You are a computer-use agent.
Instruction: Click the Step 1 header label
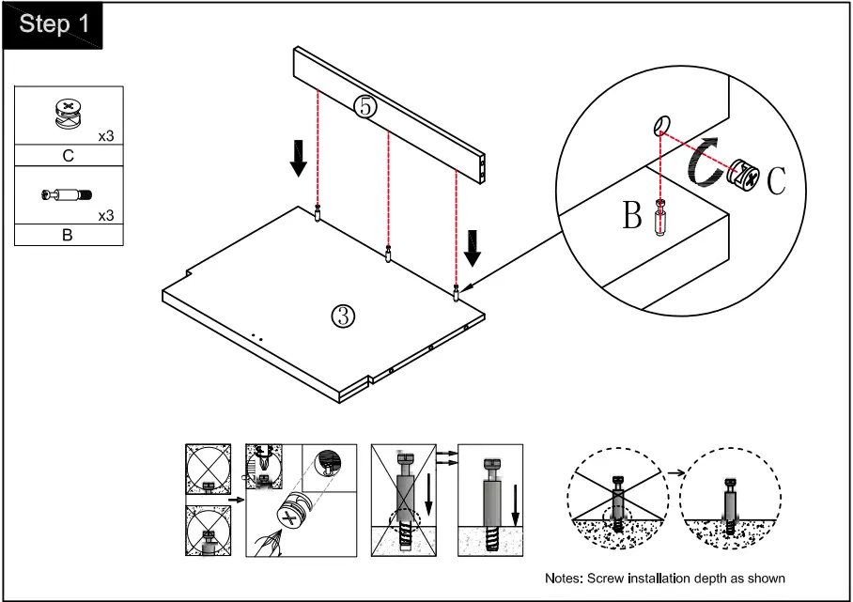click(54, 23)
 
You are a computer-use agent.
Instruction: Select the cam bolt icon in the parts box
click(67, 194)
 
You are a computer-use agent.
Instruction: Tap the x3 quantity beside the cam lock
click(106, 136)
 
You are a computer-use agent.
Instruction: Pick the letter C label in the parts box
click(68, 156)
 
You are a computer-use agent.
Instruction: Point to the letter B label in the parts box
click(68, 235)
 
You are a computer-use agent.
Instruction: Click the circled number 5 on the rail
click(365, 106)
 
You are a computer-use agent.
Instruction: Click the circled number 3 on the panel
click(343, 316)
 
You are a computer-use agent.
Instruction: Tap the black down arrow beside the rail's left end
click(298, 159)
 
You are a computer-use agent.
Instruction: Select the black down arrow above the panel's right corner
click(473, 249)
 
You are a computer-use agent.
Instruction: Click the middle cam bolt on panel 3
click(388, 254)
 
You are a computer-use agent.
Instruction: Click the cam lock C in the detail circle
click(744, 175)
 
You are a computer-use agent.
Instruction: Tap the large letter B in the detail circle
click(632, 214)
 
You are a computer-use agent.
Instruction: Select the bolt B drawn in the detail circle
click(660, 218)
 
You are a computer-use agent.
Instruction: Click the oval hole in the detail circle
click(662, 125)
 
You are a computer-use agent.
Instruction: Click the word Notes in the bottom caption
click(563, 579)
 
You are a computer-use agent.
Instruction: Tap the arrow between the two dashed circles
click(676, 472)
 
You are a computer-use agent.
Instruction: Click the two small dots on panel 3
click(256, 338)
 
